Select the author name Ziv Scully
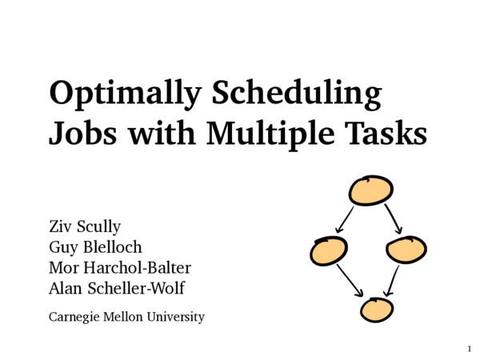click(85, 226)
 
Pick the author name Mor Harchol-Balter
click(120, 267)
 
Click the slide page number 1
click(469, 349)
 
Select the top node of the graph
click(371, 190)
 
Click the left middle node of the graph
click(330, 251)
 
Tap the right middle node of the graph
click(406, 250)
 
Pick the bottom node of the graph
click(377, 309)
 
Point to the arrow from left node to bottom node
click(350, 281)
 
